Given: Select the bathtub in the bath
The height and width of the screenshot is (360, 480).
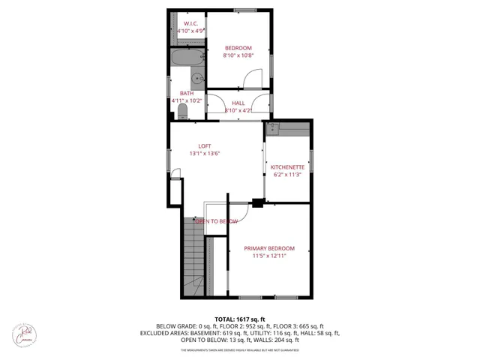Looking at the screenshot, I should (187, 58).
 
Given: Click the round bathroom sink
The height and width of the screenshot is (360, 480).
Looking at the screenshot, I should (196, 76).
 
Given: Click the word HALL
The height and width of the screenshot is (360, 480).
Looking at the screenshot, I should (238, 103).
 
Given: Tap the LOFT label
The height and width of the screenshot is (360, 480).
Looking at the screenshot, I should (204, 145).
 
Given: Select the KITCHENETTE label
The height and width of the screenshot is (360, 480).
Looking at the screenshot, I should (287, 166).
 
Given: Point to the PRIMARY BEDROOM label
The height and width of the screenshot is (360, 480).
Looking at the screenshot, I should (269, 248).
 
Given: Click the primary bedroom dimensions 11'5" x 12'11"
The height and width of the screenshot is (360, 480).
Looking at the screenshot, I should (269, 256).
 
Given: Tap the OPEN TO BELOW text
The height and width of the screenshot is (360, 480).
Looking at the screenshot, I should (217, 221).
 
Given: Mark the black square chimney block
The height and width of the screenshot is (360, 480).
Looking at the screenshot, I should (258, 201).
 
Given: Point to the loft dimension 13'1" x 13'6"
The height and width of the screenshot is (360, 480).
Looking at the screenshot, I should (204, 154).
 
